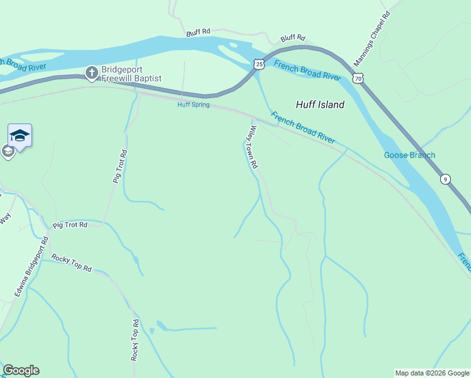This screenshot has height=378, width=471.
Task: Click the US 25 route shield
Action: (x=259, y=64)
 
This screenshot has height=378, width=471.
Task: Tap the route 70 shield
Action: (x=358, y=78)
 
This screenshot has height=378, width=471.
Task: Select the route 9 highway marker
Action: (x=445, y=178)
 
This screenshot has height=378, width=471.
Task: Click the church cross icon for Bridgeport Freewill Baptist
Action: (x=91, y=74)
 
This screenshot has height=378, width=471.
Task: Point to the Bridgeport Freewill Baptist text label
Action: (x=132, y=74)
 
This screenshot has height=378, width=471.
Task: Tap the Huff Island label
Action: (x=320, y=105)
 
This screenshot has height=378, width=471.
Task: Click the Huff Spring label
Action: (x=193, y=105)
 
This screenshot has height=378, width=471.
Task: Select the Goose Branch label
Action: (x=409, y=155)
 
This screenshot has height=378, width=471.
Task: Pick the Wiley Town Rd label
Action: (x=253, y=147)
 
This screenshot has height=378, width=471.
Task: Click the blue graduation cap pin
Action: (x=20, y=135)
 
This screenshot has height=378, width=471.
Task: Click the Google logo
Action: (x=21, y=370)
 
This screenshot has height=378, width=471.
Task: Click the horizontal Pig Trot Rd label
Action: (x=70, y=224)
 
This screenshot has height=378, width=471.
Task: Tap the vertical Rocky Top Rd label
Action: (x=135, y=340)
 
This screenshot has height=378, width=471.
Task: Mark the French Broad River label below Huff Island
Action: (x=302, y=127)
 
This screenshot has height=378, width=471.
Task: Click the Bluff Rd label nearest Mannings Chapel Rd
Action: (x=293, y=38)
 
